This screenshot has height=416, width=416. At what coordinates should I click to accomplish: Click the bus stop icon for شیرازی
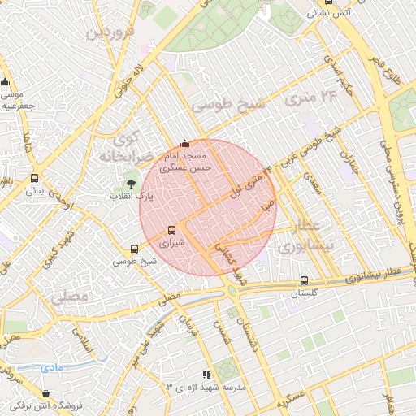(171, 230)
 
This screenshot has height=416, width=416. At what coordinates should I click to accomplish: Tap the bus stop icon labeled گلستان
(304, 281)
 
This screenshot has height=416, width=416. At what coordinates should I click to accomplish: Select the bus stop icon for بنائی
(34, 179)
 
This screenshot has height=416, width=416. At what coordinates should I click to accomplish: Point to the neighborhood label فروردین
(107, 33)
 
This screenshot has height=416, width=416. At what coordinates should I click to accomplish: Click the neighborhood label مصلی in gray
(68, 297)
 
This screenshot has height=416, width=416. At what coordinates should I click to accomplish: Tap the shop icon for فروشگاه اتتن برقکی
(16, 405)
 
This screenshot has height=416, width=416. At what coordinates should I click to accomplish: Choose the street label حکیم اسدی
(336, 74)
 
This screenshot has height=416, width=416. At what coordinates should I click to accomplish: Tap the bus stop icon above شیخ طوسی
(135, 249)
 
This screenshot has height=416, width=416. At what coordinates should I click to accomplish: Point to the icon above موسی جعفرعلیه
(6, 82)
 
